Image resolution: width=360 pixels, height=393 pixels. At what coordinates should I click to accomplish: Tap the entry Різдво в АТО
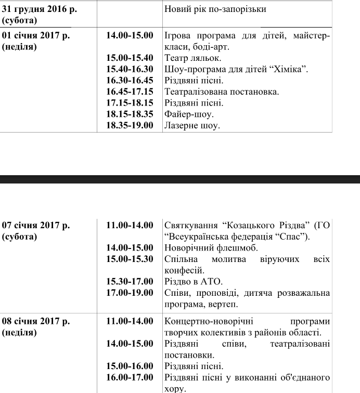click(193, 282)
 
